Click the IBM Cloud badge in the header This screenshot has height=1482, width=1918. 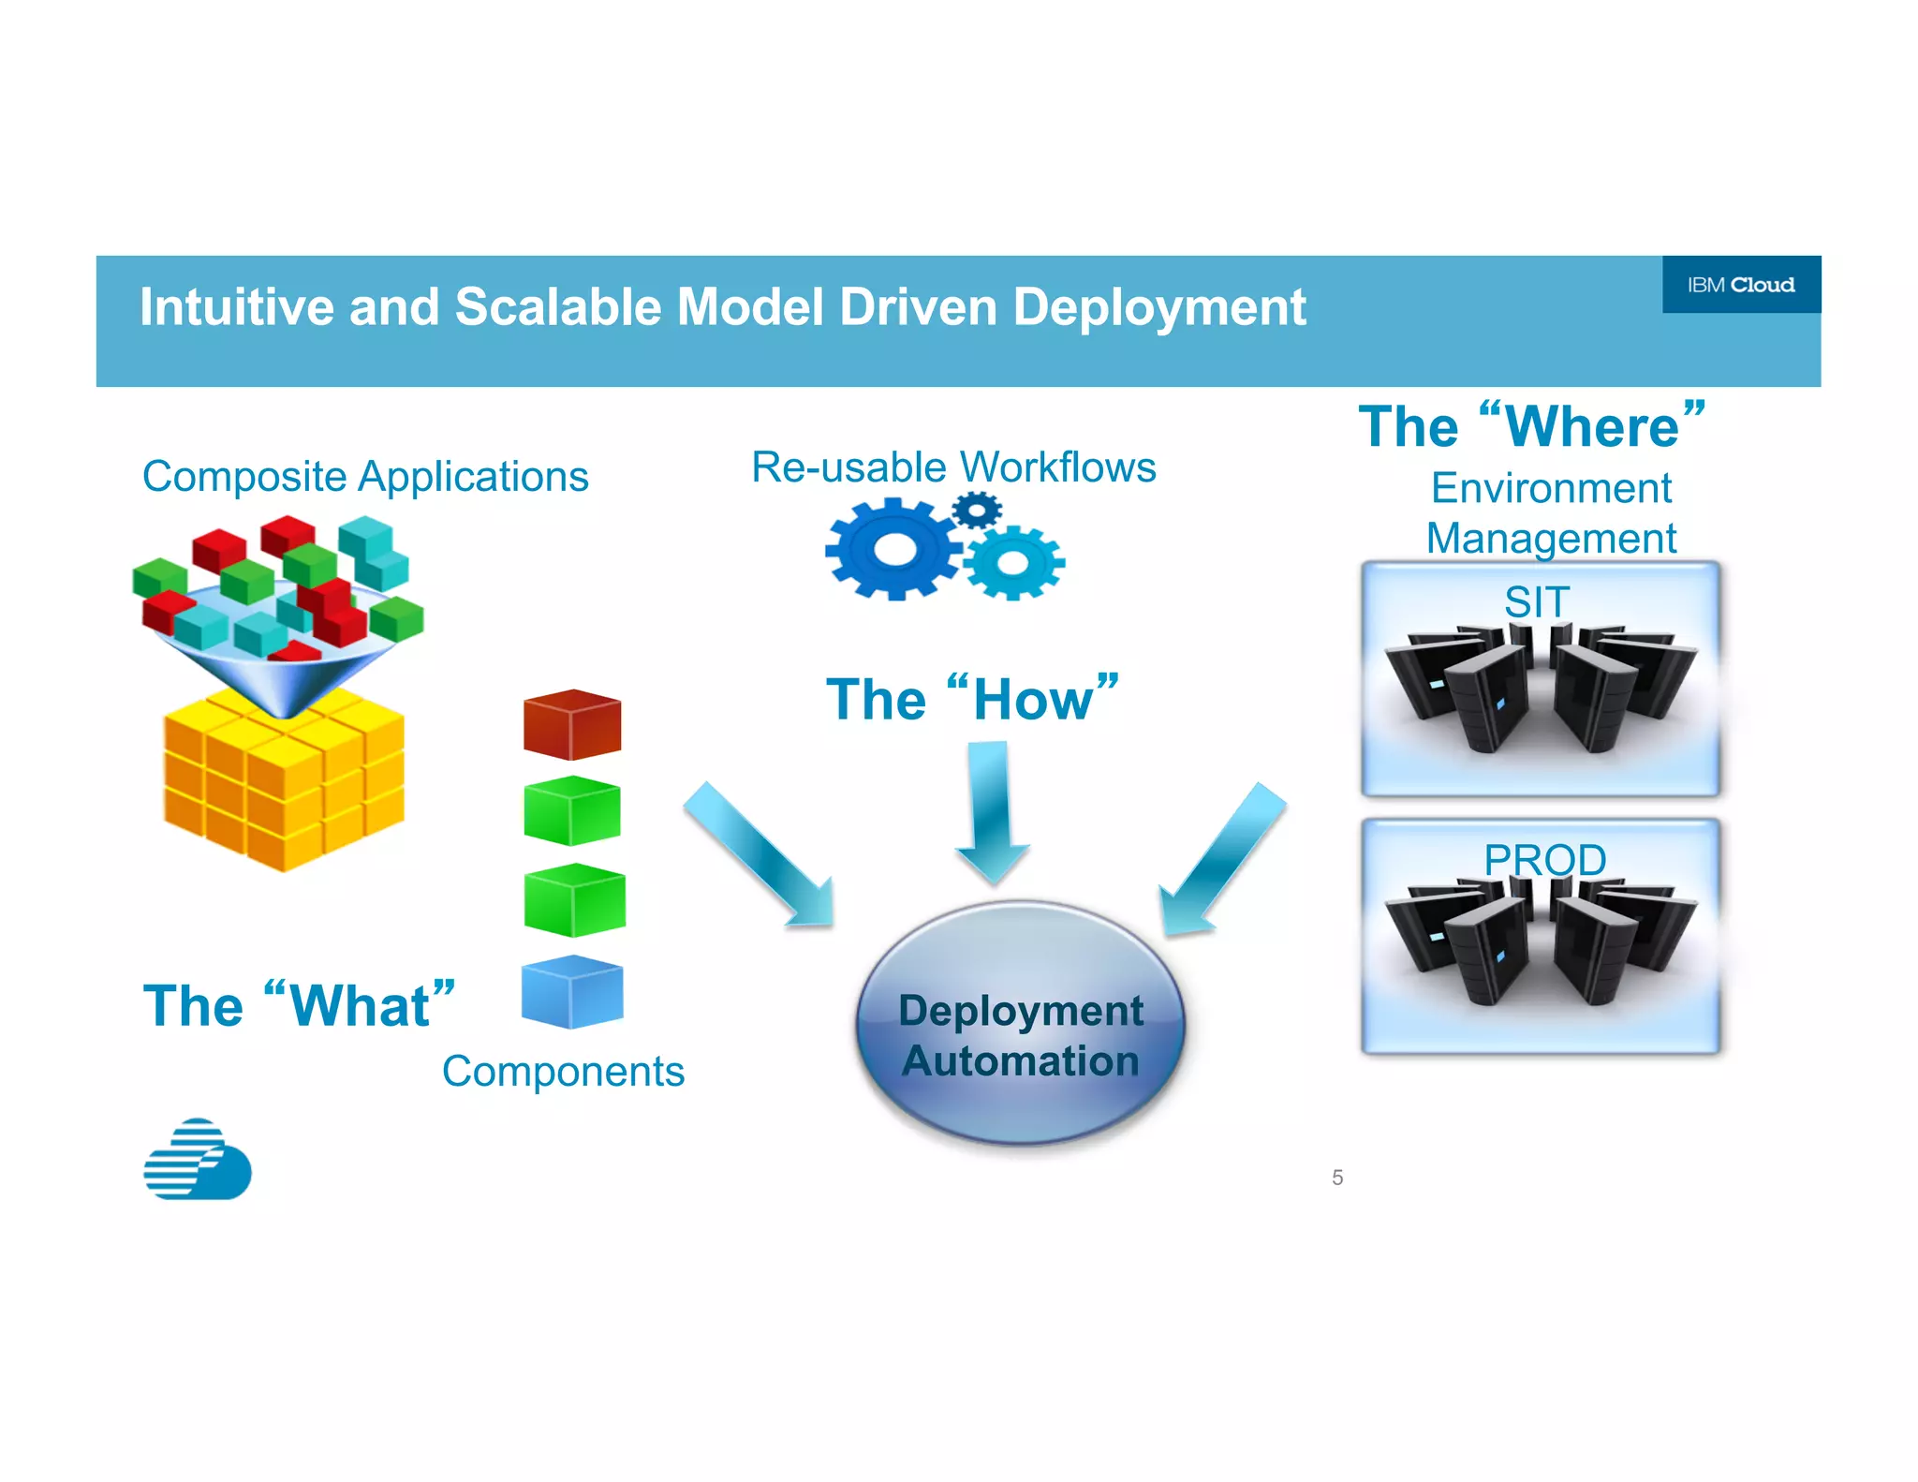click(1740, 285)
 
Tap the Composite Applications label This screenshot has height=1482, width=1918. click(365, 477)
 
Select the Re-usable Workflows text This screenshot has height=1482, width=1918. click(953, 467)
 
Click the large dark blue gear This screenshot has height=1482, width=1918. click(893, 549)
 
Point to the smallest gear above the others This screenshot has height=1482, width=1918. click(977, 511)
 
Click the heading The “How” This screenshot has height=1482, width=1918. click(972, 700)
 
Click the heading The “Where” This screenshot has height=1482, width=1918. click(1532, 427)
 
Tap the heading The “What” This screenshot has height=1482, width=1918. click(299, 1006)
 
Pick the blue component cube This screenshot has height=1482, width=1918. click(572, 992)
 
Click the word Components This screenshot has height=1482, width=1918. click(563, 1072)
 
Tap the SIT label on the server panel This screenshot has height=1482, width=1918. click(1536, 601)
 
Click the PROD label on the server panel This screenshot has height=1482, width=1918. click(1544, 859)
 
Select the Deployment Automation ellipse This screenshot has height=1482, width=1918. click(1021, 1026)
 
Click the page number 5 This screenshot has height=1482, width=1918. click(1337, 1178)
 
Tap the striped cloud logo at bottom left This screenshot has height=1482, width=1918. click(197, 1160)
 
